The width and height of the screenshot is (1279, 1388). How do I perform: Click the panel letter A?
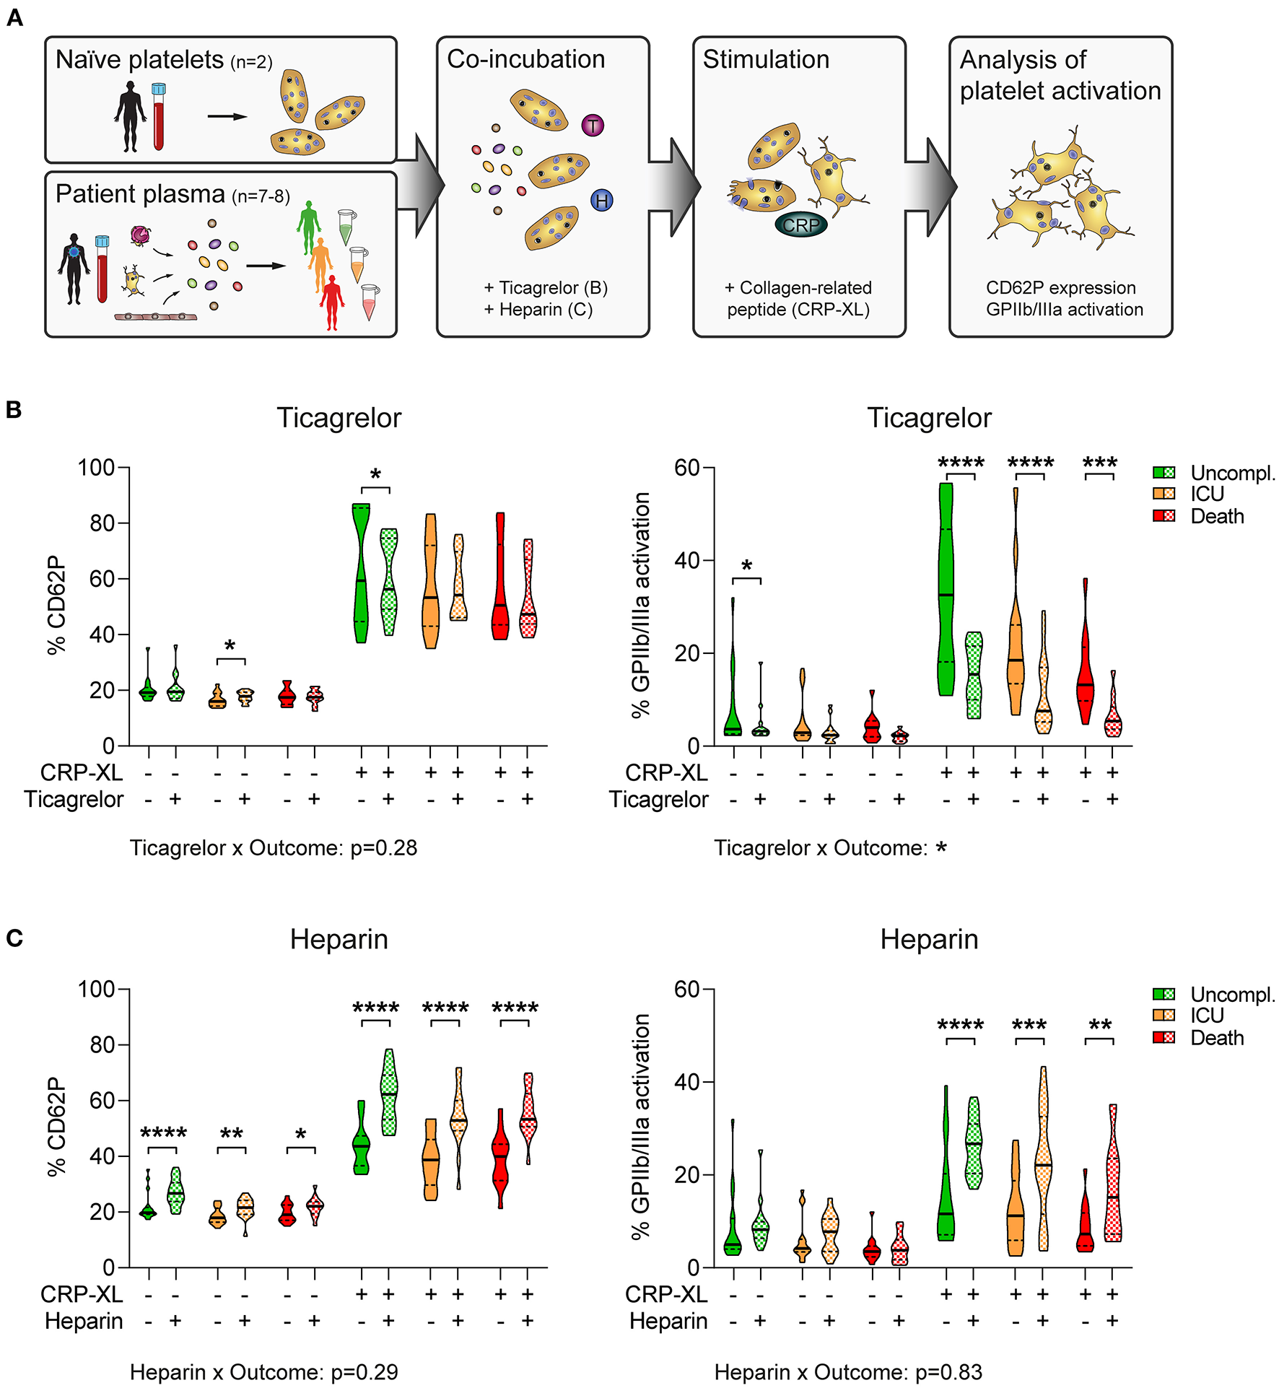[x=14, y=17]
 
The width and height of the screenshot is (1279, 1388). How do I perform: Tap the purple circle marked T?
[x=593, y=126]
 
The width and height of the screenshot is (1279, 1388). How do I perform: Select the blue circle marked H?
[x=601, y=201]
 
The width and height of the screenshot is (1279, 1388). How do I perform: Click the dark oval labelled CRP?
[x=801, y=225]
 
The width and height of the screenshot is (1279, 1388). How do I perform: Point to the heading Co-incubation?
[x=525, y=59]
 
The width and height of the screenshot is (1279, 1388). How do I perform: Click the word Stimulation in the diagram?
[x=766, y=59]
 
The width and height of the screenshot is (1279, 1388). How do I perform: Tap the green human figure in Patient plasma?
[x=309, y=226]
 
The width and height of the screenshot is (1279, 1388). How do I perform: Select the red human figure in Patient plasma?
[x=332, y=302]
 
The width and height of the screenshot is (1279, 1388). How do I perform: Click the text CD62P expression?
[x=1060, y=287]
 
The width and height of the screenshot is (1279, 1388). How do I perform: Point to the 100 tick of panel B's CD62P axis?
[x=97, y=468]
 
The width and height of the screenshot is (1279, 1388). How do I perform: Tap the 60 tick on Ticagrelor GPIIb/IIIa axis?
[x=686, y=468]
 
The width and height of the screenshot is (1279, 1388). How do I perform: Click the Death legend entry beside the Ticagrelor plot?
[x=1217, y=516]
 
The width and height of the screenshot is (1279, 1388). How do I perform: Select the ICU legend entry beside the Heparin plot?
[x=1207, y=1015]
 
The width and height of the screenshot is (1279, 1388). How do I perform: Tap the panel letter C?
[x=14, y=938]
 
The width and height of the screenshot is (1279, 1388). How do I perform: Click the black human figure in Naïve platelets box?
[x=130, y=116]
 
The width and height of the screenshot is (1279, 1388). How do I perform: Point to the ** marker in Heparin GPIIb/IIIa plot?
[x=1099, y=1026]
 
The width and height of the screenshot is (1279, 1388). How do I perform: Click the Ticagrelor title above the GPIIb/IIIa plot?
[x=929, y=418]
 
